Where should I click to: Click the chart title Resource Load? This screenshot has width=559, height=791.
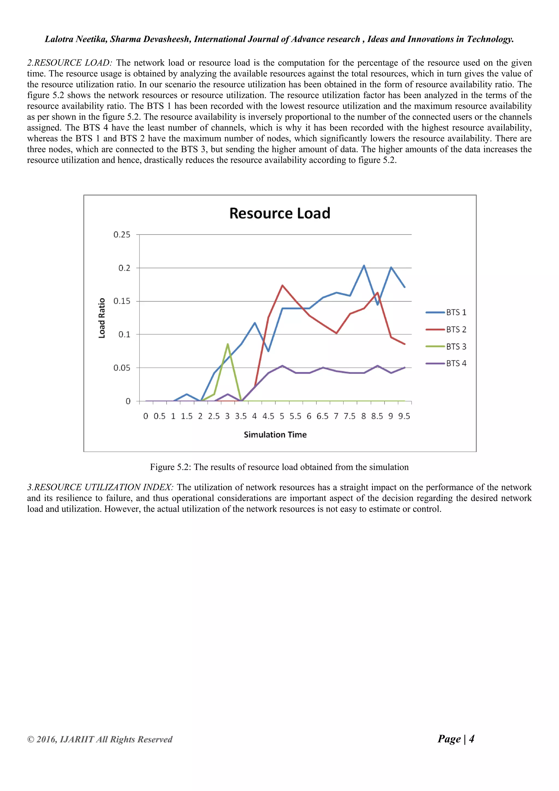[279, 213]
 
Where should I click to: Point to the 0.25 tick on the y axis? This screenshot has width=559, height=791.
[122, 235]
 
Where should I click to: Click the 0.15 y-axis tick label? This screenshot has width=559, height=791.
[122, 301]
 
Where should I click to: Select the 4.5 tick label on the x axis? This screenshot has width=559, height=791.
[268, 416]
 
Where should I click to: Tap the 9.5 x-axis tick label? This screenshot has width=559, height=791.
[404, 416]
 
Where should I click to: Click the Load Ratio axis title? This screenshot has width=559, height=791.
[102, 318]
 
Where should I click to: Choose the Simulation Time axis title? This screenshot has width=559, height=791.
[275, 435]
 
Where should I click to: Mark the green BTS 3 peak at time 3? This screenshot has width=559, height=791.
[228, 344]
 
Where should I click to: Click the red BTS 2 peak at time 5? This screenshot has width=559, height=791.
[282, 285]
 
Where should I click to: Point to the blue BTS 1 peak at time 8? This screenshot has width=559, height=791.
[364, 265]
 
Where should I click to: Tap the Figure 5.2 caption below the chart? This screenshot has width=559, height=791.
[279, 467]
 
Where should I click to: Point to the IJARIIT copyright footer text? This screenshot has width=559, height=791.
[100, 739]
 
